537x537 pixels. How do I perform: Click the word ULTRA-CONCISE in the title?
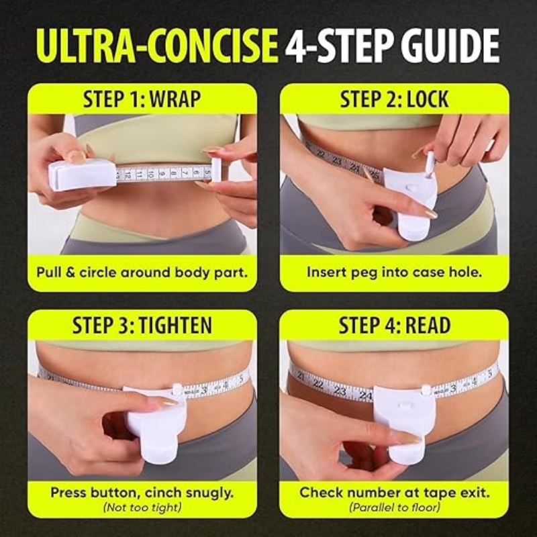tap(157, 46)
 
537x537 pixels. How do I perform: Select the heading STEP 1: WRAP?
tap(142, 99)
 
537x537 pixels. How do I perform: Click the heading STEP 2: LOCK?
tap(394, 99)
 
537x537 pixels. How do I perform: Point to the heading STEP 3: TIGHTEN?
tap(142, 326)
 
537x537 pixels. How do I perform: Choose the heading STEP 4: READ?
tap(395, 326)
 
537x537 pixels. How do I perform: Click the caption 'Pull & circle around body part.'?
tap(142, 273)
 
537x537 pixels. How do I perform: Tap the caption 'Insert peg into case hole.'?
tap(395, 273)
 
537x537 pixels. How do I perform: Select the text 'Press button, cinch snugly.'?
tap(142, 493)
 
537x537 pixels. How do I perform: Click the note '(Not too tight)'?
tap(142, 507)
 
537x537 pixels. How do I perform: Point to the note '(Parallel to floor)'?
tap(395, 507)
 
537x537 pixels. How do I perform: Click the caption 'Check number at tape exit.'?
tap(395, 493)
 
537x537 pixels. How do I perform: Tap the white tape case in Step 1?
tap(82, 175)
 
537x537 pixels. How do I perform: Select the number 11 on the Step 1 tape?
tap(140, 175)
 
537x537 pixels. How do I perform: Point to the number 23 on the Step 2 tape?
tap(337, 160)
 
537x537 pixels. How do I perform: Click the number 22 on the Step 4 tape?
tap(318, 384)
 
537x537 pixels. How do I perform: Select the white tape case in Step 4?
tap(405, 422)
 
